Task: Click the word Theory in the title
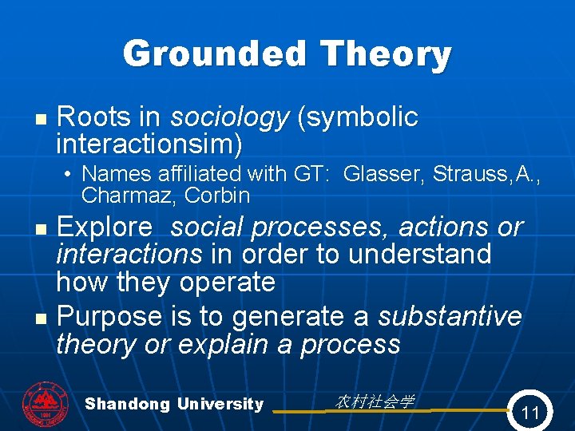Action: pyautogui.click(x=386, y=54)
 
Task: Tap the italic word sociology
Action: pyautogui.click(x=228, y=117)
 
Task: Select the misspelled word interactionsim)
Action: pyautogui.click(x=149, y=144)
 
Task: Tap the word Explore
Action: pyautogui.click(x=104, y=227)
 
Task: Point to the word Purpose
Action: pyautogui.click(x=109, y=317)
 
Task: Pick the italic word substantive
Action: pyautogui.click(x=449, y=317)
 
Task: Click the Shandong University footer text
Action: pyautogui.click(x=174, y=404)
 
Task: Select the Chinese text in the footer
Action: pyautogui.click(x=374, y=401)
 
